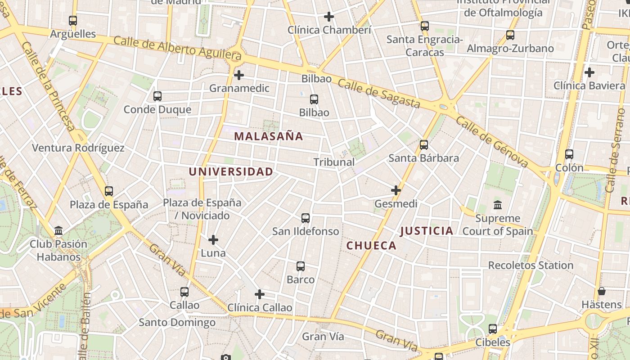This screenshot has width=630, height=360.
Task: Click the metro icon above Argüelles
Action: (73, 20)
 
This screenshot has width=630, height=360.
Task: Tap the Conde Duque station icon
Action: (157, 96)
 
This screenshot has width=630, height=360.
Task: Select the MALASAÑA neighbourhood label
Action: (269, 136)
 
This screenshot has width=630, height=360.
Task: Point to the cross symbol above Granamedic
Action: (239, 75)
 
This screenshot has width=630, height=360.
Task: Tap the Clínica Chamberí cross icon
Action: (329, 17)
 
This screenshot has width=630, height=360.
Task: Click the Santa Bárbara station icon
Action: (423, 144)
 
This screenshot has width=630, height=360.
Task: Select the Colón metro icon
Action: (569, 154)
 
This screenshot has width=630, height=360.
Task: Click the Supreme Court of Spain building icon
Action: (498, 205)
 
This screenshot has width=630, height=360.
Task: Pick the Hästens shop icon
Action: (601, 291)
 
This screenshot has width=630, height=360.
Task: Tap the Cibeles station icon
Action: (493, 329)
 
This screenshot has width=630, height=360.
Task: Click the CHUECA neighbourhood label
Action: (371, 246)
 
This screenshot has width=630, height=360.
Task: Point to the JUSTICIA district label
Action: (426, 231)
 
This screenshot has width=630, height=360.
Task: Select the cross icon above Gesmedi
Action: (396, 190)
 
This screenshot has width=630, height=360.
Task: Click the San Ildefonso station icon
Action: (306, 218)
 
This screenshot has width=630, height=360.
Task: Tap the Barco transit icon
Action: (301, 266)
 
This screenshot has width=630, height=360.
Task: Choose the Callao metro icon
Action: (184, 292)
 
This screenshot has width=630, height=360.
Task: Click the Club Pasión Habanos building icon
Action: (58, 231)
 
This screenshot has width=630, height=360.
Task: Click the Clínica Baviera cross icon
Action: (589, 72)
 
